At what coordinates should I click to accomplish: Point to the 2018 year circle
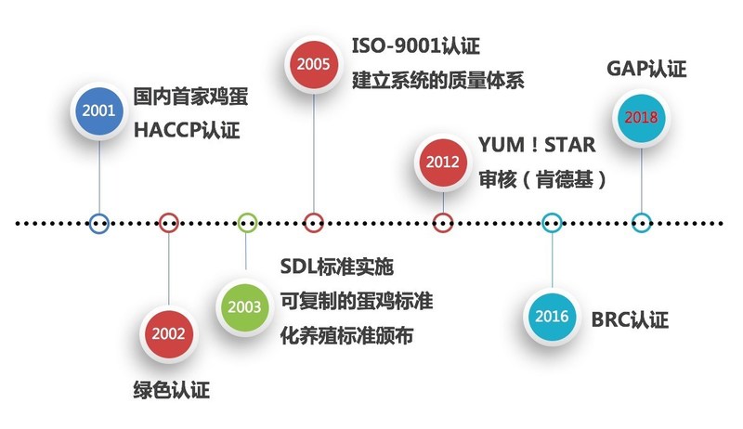[640, 118]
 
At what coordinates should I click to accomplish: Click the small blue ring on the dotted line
[98, 223]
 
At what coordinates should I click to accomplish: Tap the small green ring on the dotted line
[246, 223]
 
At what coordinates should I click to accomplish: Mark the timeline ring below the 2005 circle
[313, 223]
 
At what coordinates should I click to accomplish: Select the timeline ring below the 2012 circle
[443, 223]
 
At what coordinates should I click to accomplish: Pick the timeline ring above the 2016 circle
[552, 223]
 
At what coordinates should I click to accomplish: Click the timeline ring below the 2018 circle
[640, 223]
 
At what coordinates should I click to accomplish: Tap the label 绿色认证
[172, 389]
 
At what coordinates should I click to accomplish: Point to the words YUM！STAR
[536, 146]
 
